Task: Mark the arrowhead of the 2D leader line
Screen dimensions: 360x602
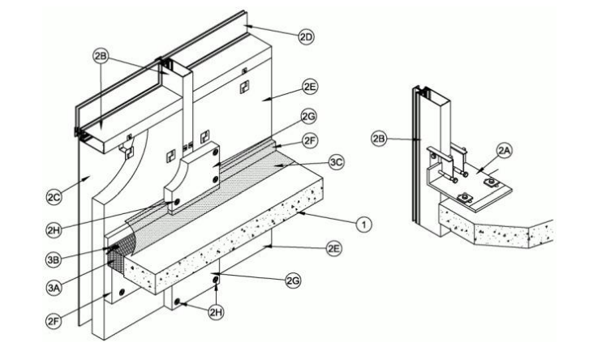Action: (247, 27)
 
